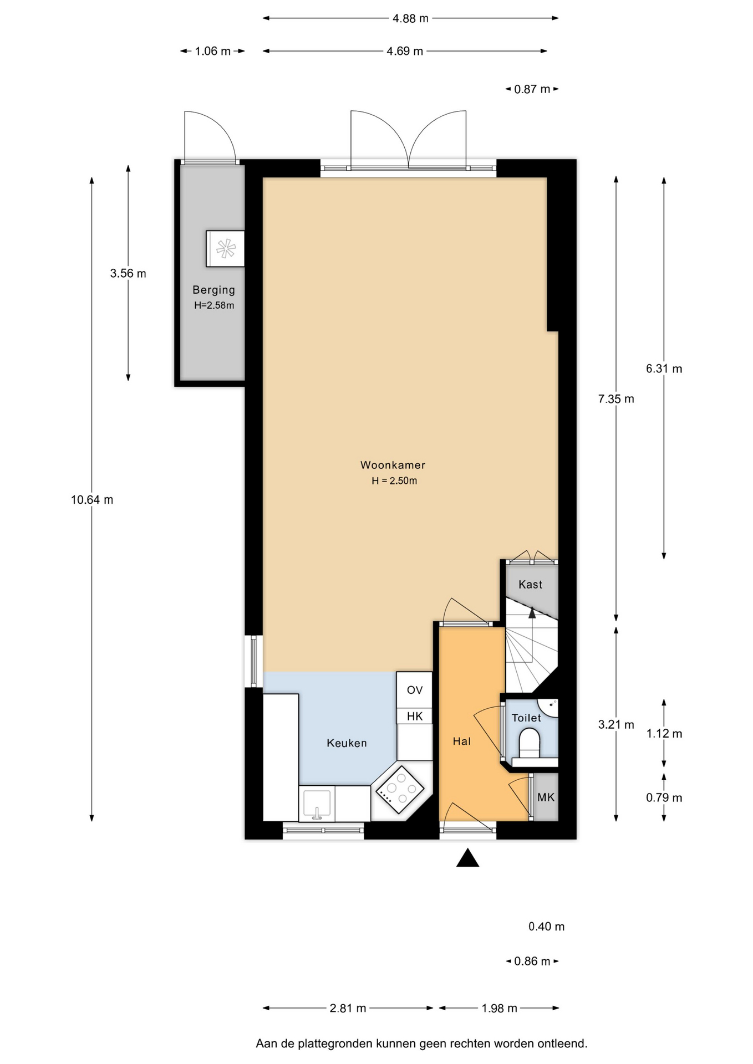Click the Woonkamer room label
pyautogui.click(x=393, y=465)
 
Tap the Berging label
pyautogui.click(x=213, y=290)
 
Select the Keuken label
pyautogui.click(x=347, y=743)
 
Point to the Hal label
pyautogui.click(x=461, y=741)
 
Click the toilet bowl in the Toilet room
pyautogui.click(x=529, y=743)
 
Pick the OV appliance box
pyautogui.click(x=414, y=690)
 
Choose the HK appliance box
pyautogui.click(x=414, y=716)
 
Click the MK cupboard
pyautogui.click(x=546, y=797)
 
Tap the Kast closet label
pyautogui.click(x=530, y=584)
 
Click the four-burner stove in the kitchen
pyautogui.click(x=400, y=789)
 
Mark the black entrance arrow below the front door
pyautogui.click(x=467, y=857)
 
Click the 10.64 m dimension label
pyautogui.click(x=92, y=500)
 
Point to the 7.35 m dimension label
pyautogui.click(x=616, y=399)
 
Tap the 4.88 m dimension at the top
pyautogui.click(x=410, y=18)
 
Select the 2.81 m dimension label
pyautogui.click(x=348, y=1008)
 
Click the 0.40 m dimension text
pyautogui.click(x=546, y=927)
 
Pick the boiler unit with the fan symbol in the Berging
pyautogui.click(x=225, y=249)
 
